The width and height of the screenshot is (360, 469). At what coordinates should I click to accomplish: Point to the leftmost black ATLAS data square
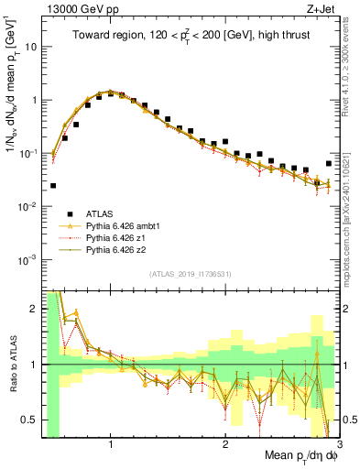53,186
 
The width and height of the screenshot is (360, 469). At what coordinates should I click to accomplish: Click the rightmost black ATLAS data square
329,164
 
